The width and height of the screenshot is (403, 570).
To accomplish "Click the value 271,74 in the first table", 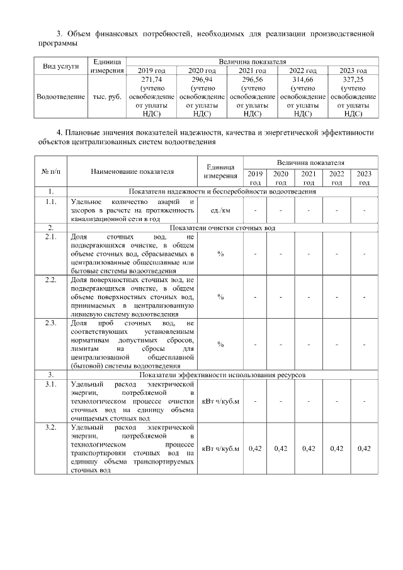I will click(x=152, y=81).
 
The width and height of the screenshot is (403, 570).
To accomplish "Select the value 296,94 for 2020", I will click(x=202, y=81).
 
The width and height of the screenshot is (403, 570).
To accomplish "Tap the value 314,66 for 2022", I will click(x=303, y=81).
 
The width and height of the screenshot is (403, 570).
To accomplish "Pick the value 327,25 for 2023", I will click(x=353, y=81).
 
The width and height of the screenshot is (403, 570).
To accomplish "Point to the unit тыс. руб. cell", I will click(x=106, y=97).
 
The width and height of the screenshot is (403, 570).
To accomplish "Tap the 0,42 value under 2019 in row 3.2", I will click(x=255, y=448).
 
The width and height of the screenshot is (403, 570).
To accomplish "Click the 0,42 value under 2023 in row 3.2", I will click(x=364, y=448).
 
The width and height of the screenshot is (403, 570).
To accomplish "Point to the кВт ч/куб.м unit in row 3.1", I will click(x=220, y=401).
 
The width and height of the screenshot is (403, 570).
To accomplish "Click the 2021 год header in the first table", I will click(x=253, y=70).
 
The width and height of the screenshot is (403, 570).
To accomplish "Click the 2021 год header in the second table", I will click(x=309, y=178).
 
